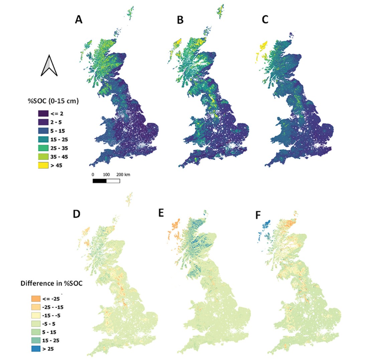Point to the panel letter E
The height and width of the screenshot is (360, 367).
(x=162, y=213)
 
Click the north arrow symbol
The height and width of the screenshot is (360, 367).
(x=49, y=65)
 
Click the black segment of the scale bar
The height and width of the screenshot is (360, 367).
(x=100, y=181)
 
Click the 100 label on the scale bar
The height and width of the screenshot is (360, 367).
(x=106, y=175)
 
